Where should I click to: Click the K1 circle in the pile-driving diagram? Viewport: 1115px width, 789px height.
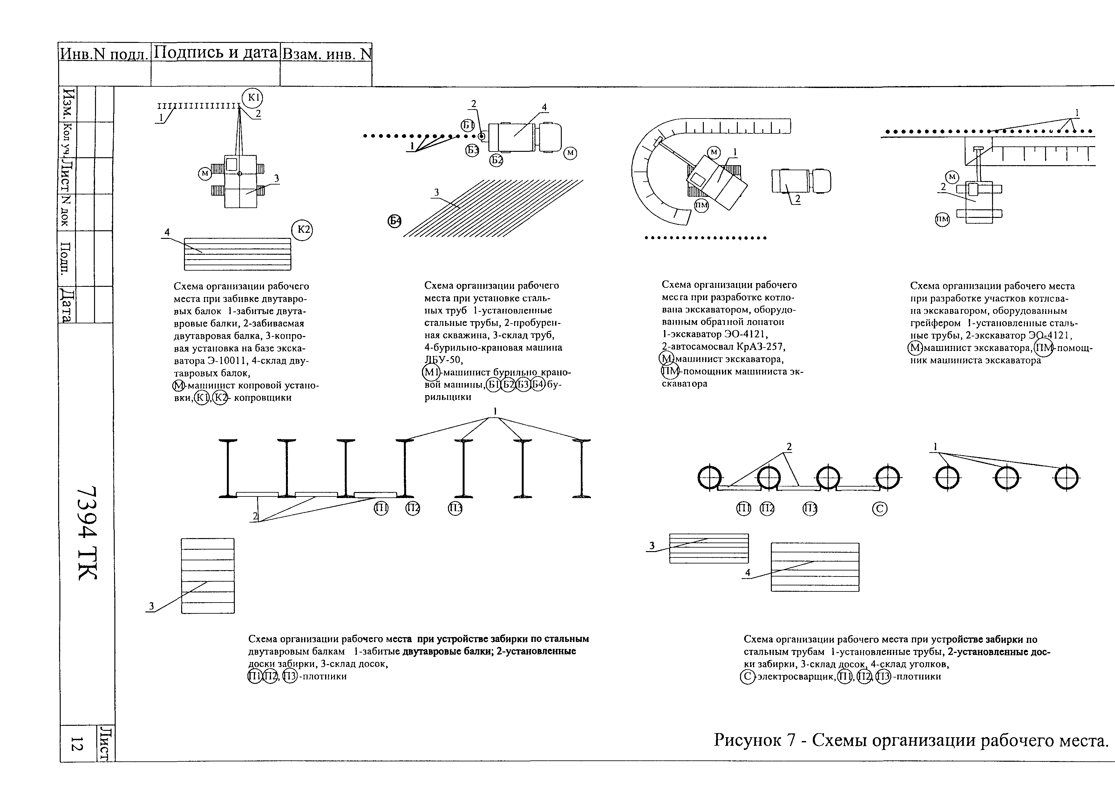pos(252,98)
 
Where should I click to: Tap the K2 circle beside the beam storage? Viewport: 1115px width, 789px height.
pos(302,230)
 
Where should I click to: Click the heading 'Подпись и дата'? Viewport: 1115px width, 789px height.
pos(215,52)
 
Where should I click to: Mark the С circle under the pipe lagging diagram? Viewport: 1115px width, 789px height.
pos(880,509)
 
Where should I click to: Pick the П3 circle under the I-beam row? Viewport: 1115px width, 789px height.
pos(455,509)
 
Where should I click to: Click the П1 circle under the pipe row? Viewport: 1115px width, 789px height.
pos(744,509)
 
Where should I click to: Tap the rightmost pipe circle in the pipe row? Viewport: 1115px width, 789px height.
pos(1066,478)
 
